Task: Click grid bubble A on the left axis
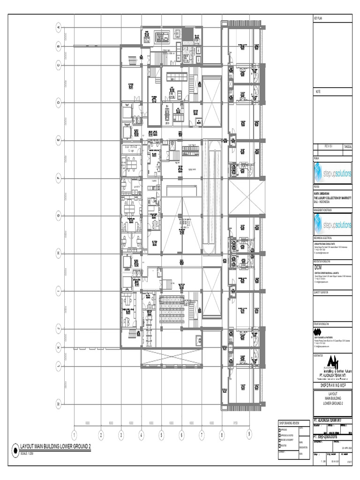[x=59, y=28]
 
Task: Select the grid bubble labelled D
[x=59, y=101]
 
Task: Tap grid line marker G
[x=59, y=215]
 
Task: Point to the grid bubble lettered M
[x=59, y=403]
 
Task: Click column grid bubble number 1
[x=74, y=435]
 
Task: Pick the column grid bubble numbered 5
[x=161, y=435]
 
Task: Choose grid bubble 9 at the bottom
[x=249, y=434]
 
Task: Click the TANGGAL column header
[x=347, y=146]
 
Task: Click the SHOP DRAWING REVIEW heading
[x=288, y=423]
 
